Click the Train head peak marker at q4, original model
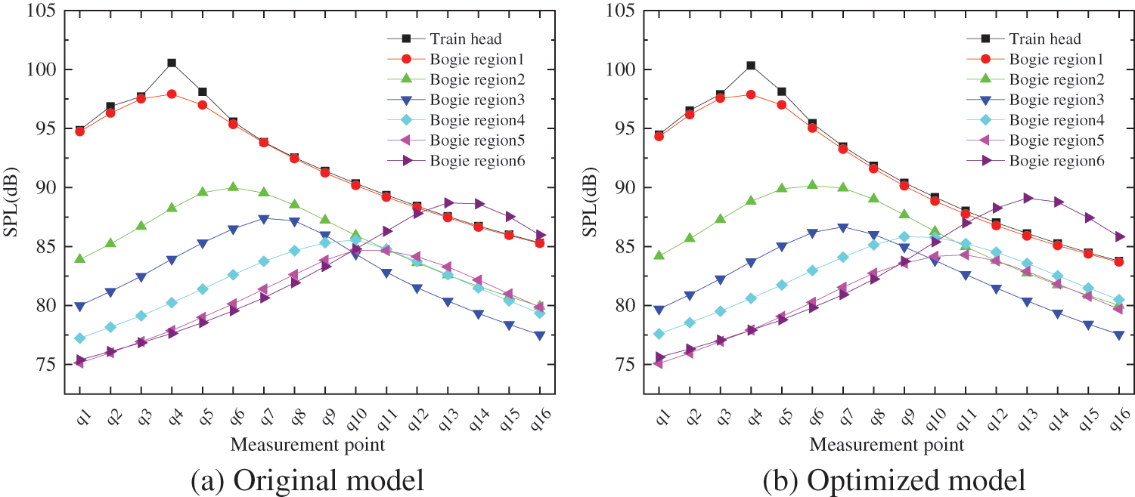172,63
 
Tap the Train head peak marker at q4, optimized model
751,66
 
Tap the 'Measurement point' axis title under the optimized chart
886,444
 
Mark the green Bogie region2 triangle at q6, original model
233,187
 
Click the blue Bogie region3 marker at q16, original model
540,335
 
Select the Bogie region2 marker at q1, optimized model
659,255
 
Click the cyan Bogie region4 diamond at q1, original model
79,338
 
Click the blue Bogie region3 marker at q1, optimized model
659,310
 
